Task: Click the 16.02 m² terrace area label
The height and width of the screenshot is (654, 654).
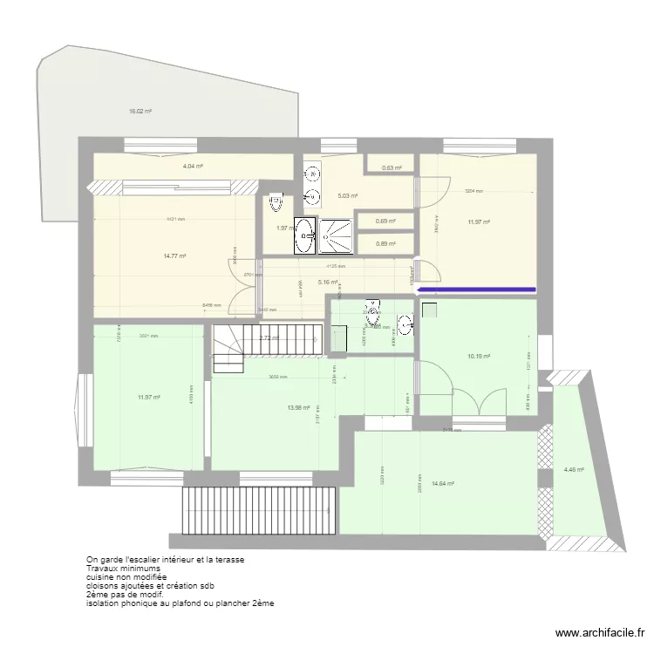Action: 140,112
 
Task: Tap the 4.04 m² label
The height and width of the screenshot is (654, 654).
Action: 193,166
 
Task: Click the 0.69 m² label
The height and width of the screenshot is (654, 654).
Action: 385,221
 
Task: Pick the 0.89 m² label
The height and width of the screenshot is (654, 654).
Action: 385,244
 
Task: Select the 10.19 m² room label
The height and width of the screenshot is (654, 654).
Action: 479,357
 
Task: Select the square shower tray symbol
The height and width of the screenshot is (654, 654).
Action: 337,235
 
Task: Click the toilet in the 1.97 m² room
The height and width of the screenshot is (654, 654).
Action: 276,202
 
